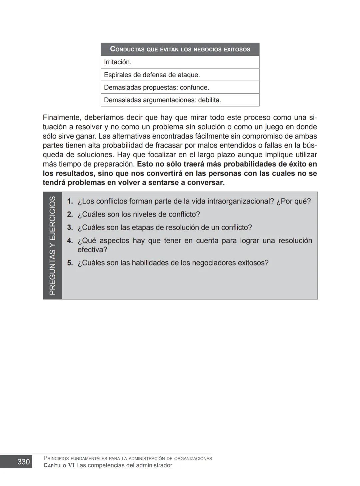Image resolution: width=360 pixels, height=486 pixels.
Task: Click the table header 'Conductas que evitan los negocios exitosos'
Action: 180,49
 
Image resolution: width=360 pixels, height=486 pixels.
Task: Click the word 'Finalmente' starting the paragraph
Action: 62,118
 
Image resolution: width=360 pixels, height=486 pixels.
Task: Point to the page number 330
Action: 24,462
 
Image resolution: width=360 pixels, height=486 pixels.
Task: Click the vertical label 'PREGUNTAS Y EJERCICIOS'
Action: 52,245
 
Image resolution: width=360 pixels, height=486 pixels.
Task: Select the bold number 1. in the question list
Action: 70,201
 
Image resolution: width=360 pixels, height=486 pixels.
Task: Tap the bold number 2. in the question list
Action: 70,214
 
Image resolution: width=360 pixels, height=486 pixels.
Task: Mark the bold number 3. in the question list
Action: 70,227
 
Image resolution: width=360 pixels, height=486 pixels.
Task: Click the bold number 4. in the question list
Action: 70,241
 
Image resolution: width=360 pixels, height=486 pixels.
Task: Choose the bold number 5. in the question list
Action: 70,262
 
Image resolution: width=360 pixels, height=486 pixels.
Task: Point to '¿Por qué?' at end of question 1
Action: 293,201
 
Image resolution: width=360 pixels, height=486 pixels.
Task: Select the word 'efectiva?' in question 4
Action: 92,249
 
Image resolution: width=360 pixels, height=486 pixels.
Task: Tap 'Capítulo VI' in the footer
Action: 59,465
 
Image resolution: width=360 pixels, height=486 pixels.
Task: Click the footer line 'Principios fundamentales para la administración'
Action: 128,458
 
